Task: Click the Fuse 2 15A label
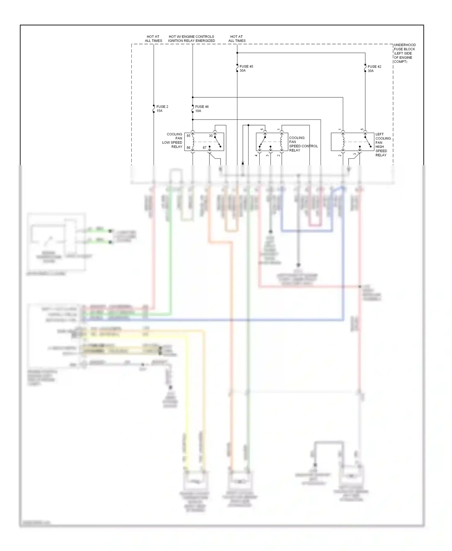(162, 109)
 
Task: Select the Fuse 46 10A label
(202, 109)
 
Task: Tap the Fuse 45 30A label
(246, 68)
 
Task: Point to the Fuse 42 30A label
(374, 69)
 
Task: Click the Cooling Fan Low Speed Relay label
(172, 140)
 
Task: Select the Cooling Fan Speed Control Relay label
(303, 144)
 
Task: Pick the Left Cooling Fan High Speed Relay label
(383, 145)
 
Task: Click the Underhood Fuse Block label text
(404, 53)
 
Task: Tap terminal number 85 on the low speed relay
(188, 136)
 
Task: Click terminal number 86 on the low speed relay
(188, 148)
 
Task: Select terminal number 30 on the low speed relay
(211, 136)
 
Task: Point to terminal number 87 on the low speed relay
(205, 148)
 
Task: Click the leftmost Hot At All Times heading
(153, 39)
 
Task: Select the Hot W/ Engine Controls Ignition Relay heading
(192, 39)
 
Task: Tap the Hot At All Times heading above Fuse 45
(237, 39)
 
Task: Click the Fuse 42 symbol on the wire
(365, 69)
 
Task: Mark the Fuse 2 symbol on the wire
(154, 109)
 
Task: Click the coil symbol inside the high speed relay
(343, 142)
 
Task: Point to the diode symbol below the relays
(243, 163)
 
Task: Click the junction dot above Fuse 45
(237, 53)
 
